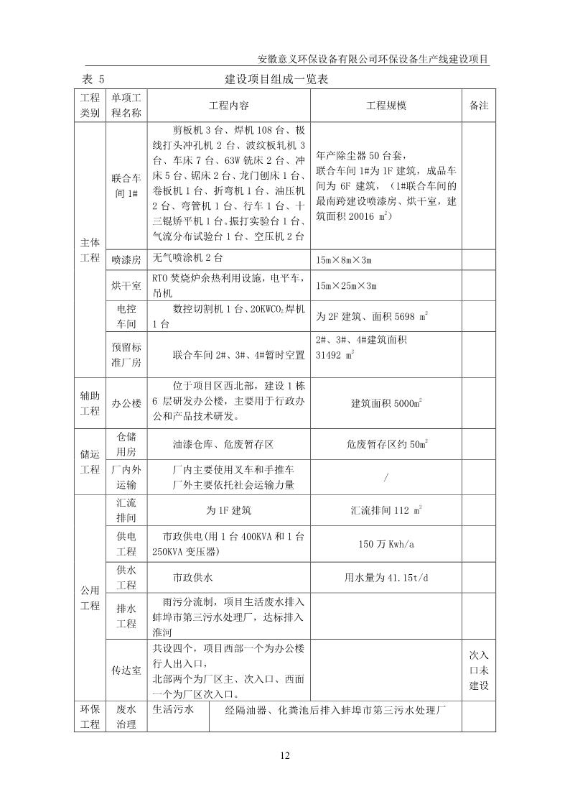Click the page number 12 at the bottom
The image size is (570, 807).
pyautogui.click(x=284, y=755)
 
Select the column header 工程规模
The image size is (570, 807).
pyautogui.click(x=386, y=105)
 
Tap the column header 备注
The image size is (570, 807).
pyautogui.click(x=479, y=105)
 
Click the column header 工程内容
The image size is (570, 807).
pyautogui.click(x=228, y=105)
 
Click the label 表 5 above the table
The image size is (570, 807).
pyautogui.click(x=93, y=80)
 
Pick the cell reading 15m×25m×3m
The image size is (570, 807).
pyautogui.click(x=347, y=286)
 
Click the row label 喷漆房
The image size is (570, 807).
pyautogui.click(x=126, y=259)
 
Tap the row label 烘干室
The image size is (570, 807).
pyautogui.click(x=126, y=285)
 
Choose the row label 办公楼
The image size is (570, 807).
pyautogui.click(x=126, y=404)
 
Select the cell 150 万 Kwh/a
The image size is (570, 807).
pyautogui.click(x=386, y=544)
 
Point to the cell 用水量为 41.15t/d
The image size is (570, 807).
pyautogui.click(x=386, y=578)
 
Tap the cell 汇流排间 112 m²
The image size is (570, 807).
pyautogui.click(x=386, y=511)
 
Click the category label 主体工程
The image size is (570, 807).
pyautogui.click(x=89, y=252)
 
